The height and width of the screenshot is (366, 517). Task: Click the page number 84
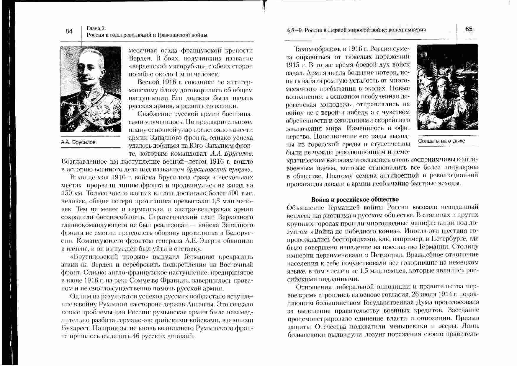pos(69,31)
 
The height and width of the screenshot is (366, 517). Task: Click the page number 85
pos(469,29)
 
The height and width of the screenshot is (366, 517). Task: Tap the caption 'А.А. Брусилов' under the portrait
pos(78,142)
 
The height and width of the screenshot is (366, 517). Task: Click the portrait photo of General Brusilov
pos(91,89)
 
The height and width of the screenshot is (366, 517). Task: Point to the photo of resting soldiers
pos(447,87)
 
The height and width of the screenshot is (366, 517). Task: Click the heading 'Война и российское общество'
pos(355,199)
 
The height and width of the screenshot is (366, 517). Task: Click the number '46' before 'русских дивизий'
pos(136,336)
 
